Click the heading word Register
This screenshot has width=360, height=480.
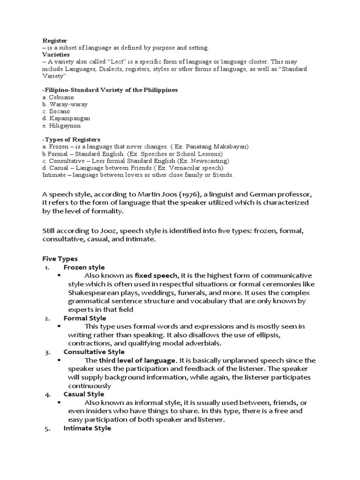pos(55,41)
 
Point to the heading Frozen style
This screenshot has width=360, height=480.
pos(84,267)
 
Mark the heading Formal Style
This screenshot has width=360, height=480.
pos(85,318)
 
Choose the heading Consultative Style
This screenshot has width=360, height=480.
pos(94,352)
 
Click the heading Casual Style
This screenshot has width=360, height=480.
pos(84,394)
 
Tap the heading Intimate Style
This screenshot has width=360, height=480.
pos(87,428)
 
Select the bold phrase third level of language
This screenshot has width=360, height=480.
pos(137,360)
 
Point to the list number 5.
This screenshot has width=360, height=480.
pos(47,428)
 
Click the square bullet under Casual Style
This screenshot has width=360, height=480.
pos(60,402)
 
